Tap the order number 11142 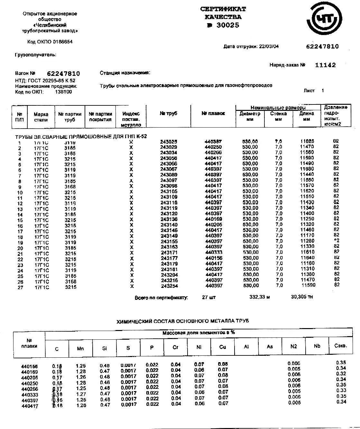coord(325,65)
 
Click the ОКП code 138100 coord(64,92)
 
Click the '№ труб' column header coord(168,113)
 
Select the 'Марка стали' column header coord(41,117)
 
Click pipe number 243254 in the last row coord(169,286)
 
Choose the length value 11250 coord(307,219)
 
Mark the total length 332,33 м coord(260,297)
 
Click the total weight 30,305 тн coord(302,297)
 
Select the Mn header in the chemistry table coord(80,348)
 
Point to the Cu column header coord(223,347)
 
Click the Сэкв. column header coord(341,346)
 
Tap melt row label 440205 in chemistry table coord(29,378)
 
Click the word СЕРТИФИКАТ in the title coord(223,9)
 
